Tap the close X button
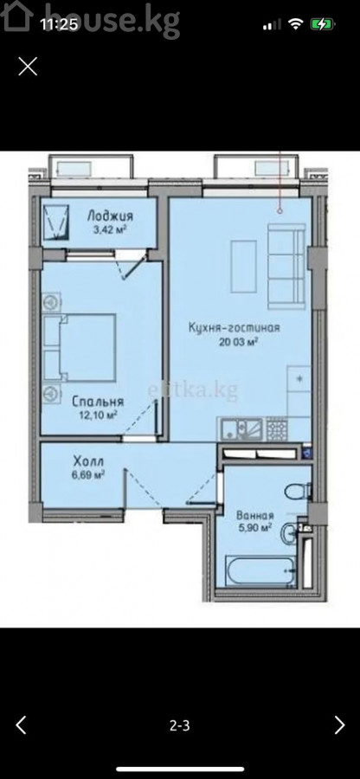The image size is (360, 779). (x=28, y=66)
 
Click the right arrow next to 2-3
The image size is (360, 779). (x=339, y=724)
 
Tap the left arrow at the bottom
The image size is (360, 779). (x=21, y=724)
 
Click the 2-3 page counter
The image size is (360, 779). (x=180, y=726)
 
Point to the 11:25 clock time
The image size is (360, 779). (x=59, y=24)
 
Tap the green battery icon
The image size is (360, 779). (x=322, y=24)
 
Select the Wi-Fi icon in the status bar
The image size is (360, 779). (x=297, y=24)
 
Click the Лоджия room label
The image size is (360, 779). (x=110, y=216)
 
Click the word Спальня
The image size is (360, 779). (x=97, y=402)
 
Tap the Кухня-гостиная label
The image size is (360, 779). (x=234, y=327)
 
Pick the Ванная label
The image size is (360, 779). (x=255, y=516)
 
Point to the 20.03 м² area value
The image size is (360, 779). (x=234, y=341)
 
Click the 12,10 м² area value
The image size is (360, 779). (x=97, y=415)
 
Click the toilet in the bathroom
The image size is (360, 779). (x=298, y=492)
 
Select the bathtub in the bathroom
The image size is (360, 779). (x=260, y=571)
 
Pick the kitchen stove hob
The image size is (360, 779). (x=277, y=428)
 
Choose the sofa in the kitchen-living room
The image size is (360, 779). (x=286, y=267)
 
